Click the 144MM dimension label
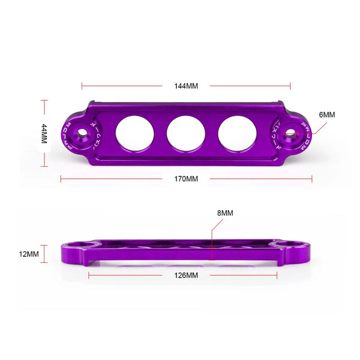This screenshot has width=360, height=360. (186, 86)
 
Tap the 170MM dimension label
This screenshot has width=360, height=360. (186, 179)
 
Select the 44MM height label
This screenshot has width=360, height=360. (44, 133)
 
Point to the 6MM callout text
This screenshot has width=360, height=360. (328, 115)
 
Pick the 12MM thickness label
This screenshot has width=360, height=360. (29, 254)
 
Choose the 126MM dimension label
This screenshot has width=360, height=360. (186, 275)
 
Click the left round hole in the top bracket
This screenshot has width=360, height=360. (135, 133)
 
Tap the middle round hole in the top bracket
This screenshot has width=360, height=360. (186, 133)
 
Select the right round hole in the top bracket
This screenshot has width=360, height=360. (237, 133)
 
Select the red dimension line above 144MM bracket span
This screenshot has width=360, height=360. (120, 86)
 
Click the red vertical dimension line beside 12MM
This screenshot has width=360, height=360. (46, 254)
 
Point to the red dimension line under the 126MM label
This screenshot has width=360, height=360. (120, 275)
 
